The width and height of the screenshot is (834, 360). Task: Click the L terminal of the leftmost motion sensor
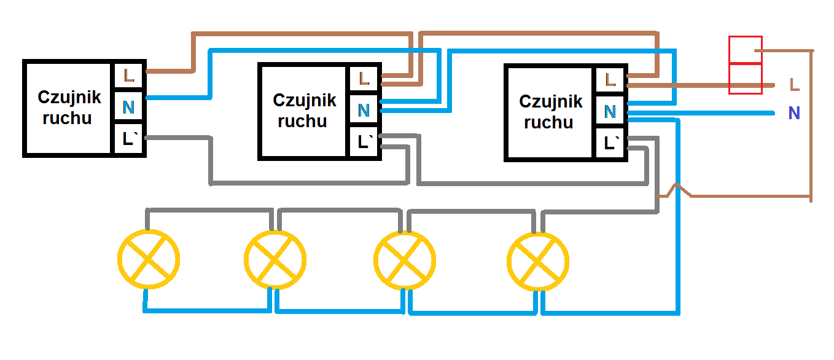(x=128, y=76)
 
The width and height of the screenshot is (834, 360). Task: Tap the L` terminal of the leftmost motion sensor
(x=128, y=139)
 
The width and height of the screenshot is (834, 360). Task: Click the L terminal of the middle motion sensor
(x=364, y=78)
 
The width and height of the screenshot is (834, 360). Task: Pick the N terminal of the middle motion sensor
(x=364, y=111)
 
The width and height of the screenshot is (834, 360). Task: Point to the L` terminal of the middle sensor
(x=364, y=143)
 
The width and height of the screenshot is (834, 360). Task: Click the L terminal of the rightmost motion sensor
(x=610, y=79)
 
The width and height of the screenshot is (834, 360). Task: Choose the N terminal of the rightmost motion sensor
(x=610, y=112)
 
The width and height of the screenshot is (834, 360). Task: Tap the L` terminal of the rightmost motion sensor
(x=610, y=144)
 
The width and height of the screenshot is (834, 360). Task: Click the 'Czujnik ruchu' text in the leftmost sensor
(x=68, y=108)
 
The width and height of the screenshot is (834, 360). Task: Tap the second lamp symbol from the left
(x=275, y=259)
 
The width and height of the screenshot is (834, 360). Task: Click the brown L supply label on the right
(x=794, y=85)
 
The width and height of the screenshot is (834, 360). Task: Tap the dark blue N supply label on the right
(x=794, y=114)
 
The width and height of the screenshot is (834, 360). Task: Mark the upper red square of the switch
(x=745, y=50)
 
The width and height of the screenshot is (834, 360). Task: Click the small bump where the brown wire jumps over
(x=676, y=190)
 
